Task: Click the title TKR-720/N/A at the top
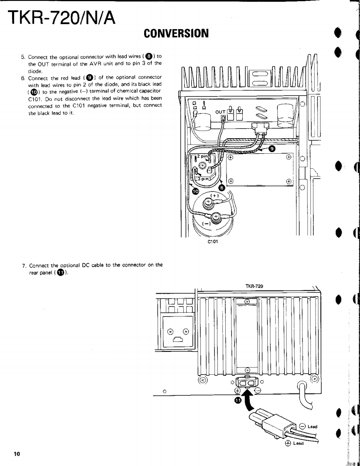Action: [x=62, y=17]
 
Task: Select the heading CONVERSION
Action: [x=176, y=33]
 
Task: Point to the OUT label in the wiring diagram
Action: [x=219, y=112]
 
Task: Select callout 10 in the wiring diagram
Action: [x=195, y=191]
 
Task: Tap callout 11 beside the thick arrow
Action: [x=237, y=400]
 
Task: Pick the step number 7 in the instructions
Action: [x=24, y=265]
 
